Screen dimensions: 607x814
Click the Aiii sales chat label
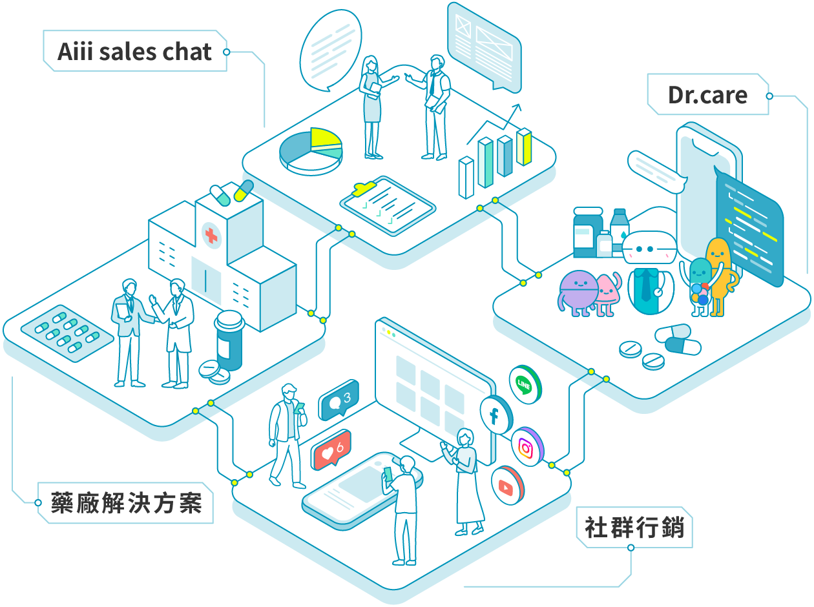tap(134, 51)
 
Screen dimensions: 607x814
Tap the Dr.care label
tap(707, 95)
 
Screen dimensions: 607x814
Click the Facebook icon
tap(494, 414)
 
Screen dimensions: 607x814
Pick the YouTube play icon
tap(506, 486)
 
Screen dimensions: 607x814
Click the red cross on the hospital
tap(211, 234)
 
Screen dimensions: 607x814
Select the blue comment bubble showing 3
tap(338, 401)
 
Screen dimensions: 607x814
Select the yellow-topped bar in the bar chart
tap(524, 147)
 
